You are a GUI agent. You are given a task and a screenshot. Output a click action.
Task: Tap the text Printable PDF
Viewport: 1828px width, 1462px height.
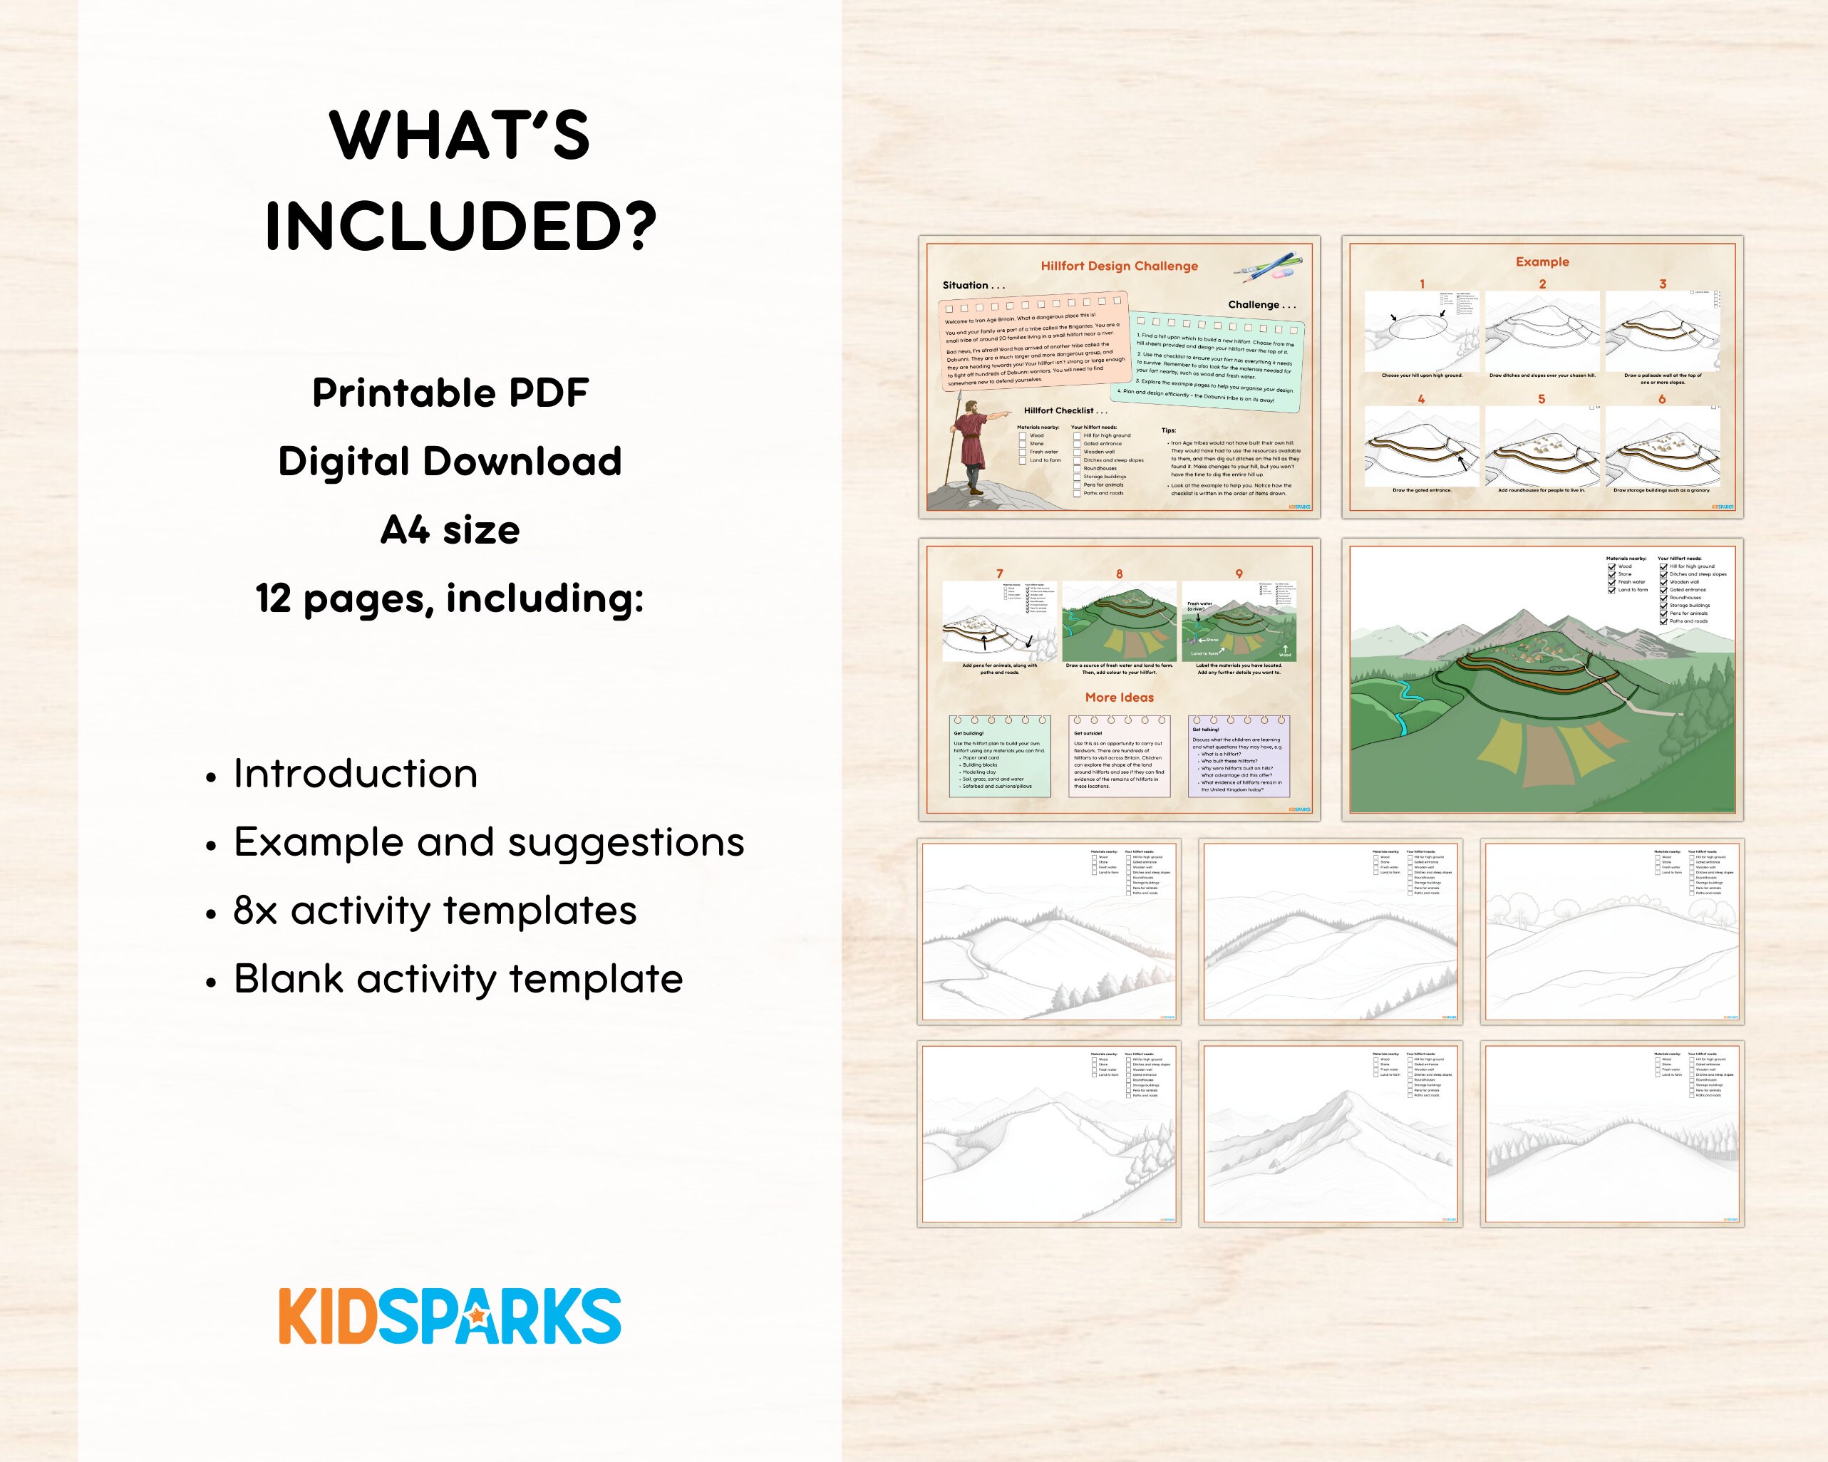450,393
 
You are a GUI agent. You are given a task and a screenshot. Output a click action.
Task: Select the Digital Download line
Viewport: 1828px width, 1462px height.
450,462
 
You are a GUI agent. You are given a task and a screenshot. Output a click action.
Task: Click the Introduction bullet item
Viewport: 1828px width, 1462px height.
355,774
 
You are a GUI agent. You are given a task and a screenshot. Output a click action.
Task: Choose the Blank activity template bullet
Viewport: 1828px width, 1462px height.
458,979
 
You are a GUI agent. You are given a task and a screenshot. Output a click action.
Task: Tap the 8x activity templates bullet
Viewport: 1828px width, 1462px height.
435,911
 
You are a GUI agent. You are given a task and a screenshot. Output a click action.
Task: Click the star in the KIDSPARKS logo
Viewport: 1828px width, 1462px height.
477,1315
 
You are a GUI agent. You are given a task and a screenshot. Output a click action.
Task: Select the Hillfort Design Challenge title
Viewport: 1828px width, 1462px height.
1119,266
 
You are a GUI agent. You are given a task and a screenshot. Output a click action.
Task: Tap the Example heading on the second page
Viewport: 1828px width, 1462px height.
1542,262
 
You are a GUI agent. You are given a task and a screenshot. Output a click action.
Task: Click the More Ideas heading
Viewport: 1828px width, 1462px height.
1119,698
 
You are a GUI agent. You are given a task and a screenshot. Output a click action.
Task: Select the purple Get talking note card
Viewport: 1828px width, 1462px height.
1239,757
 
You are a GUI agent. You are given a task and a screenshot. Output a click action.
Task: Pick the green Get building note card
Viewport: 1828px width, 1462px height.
1000,757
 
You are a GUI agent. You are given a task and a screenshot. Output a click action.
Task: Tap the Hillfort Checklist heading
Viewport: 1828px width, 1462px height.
1065,411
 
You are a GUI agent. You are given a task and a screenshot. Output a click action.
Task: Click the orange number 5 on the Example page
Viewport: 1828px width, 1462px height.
1542,399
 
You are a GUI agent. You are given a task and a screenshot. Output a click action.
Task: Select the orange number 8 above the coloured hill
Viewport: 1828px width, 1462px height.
1119,574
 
